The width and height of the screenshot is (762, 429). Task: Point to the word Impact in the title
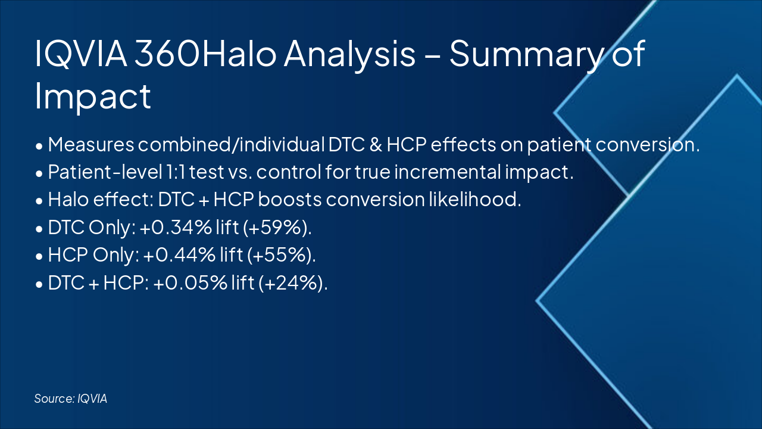(93, 97)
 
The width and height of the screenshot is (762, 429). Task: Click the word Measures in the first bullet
(91, 144)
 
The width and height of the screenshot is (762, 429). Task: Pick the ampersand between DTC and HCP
(376, 144)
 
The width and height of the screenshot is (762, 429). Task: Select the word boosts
(289, 199)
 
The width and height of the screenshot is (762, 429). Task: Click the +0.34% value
(176, 227)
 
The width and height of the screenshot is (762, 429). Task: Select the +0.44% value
(179, 254)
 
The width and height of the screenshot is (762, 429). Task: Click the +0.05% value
(190, 282)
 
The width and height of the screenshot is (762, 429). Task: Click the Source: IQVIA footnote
(71, 399)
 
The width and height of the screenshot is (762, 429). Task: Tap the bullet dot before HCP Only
(39, 256)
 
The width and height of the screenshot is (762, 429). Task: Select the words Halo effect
(99, 199)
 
